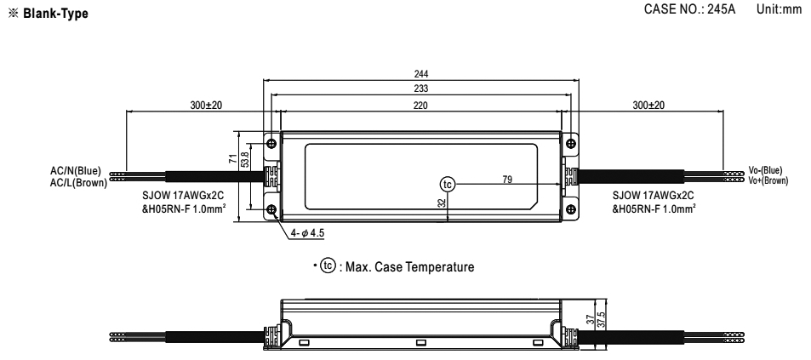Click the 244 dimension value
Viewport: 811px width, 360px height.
tap(421, 75)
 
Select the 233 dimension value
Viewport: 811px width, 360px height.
tap(421, 89)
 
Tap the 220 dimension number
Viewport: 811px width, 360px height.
tap(420, 106)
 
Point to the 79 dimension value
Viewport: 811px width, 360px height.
tap(507, 180)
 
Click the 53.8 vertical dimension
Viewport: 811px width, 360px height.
tap(246, 159)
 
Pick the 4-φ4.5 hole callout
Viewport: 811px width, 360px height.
tap(307, 233)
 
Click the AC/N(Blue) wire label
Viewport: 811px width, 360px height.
tap(76, 171)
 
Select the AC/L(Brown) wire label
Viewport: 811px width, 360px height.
tap(78, 182)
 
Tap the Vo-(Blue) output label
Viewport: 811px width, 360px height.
tap(766, 170)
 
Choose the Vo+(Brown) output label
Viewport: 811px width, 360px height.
tap(768, 180)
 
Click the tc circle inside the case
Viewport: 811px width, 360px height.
tap(447, 184)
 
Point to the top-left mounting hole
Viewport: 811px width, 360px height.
tap(271, 143)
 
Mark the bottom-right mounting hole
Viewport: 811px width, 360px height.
tap(570, 209)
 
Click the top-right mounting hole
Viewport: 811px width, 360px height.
tap(570, 143)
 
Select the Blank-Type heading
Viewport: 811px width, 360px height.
tap(55, 14)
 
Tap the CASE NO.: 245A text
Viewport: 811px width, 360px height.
tap(689, 9)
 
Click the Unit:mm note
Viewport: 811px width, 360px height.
tap(779, 9)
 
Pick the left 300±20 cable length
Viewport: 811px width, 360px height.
tap(206, 106)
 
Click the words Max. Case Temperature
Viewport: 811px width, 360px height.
tap(409, 267)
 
